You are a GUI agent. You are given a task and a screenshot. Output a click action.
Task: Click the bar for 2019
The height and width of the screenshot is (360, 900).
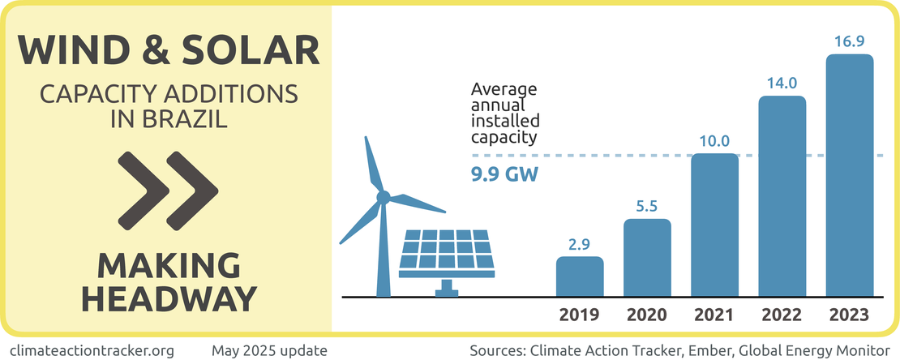(580, 276)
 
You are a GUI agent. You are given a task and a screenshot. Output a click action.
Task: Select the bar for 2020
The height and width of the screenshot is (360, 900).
(647, 258)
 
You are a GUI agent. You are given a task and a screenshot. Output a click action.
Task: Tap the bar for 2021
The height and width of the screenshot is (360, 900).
(714, 225)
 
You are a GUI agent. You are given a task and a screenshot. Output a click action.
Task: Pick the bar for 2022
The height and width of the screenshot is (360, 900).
(782, 196)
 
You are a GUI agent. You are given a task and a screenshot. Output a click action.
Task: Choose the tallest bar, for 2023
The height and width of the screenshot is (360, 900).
(849, 175)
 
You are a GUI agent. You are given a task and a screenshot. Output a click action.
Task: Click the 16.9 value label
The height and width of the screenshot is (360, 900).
(849, 41)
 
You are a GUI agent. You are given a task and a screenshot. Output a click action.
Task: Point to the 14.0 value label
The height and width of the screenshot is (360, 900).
(782, 83)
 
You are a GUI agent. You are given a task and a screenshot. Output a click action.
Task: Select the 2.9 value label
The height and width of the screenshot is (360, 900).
(580, 243)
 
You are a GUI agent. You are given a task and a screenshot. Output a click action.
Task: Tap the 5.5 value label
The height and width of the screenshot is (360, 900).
(647, 206)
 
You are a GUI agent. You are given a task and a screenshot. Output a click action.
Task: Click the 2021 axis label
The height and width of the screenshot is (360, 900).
(714, 315)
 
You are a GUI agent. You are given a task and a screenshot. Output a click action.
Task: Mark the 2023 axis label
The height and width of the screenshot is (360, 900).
(849, 315)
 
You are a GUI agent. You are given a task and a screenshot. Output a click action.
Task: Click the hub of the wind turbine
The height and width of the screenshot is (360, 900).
(384, 195)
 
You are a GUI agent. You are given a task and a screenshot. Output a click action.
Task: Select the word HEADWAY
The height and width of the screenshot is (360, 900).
(169, 298)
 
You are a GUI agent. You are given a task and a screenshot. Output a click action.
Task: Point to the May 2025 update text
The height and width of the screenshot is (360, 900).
(269, 350)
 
